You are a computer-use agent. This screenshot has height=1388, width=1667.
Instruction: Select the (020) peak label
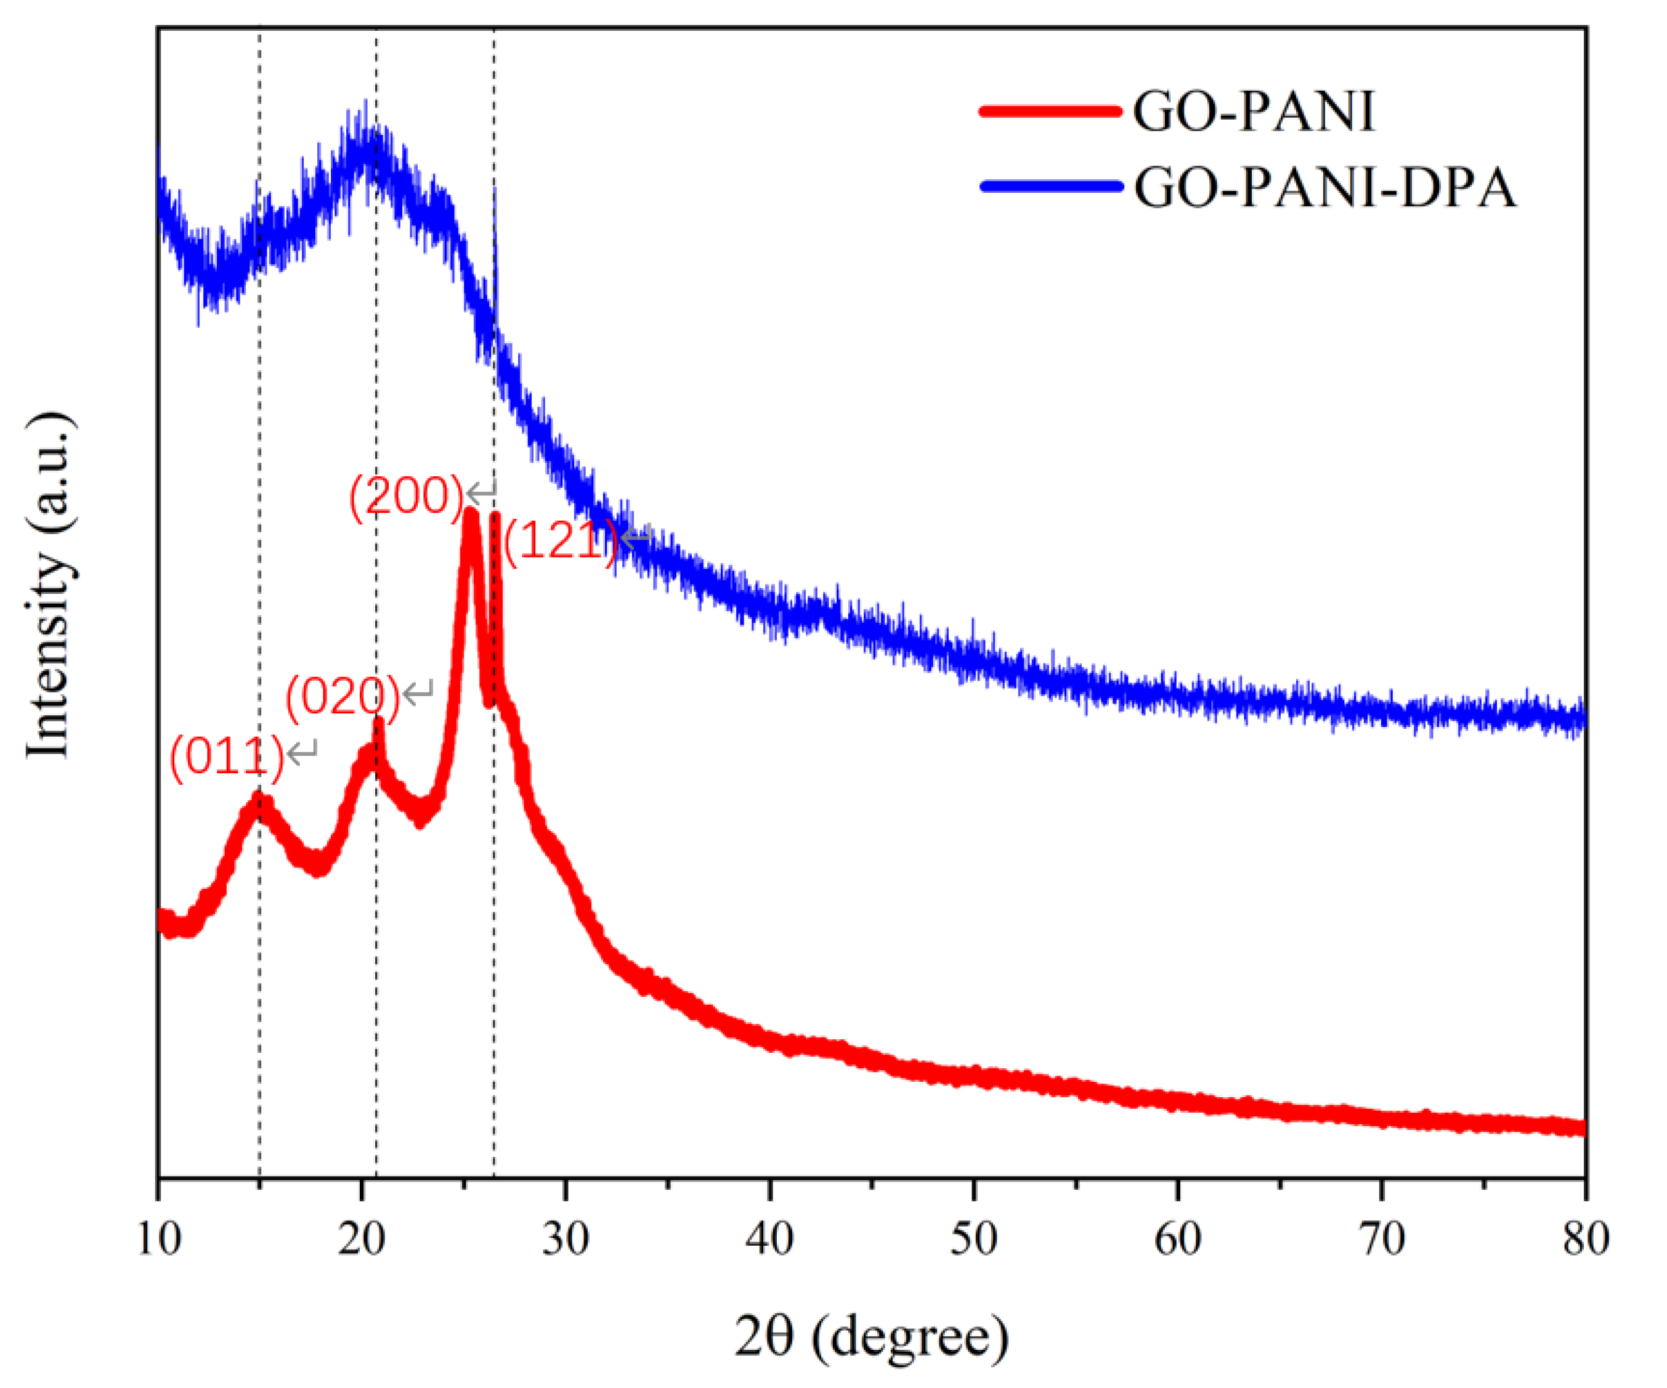(342, 697)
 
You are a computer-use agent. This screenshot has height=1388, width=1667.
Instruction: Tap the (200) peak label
(405, 497)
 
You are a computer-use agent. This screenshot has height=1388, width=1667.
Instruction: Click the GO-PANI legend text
(1252, 111)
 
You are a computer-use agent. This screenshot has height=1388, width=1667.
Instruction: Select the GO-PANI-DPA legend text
(1324, 188)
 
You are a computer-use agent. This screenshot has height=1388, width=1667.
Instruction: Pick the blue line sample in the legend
(1051, 187)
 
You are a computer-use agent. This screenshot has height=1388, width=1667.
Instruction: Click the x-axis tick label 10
(159, 1239)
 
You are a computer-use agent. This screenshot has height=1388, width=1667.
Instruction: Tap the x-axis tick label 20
(362, 1239)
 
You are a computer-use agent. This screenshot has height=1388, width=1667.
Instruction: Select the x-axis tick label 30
(566, 1239)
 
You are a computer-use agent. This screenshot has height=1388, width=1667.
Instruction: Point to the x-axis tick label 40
(769, 1239)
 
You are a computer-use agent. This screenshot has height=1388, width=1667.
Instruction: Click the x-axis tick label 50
(973, 1239)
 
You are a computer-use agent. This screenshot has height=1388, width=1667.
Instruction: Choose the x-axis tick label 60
(1177, 1239)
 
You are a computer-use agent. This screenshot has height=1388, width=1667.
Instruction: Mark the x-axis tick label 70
(1382, 1239)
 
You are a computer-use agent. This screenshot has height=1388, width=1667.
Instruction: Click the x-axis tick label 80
(1585, 1239)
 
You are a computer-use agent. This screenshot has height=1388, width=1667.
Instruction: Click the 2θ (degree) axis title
(871, 1337)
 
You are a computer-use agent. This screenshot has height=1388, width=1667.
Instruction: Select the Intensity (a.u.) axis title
(49, 586)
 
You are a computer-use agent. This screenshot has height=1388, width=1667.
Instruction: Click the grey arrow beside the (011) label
(302, 750)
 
